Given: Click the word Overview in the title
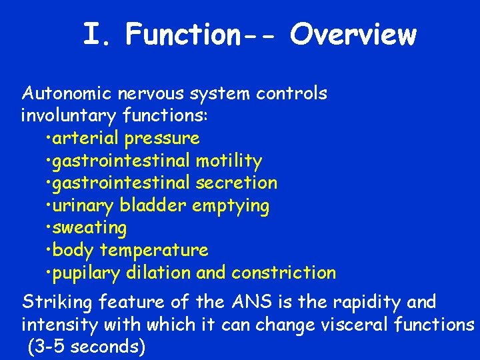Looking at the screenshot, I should pos(353,35).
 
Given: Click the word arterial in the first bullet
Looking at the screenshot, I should pos(87,139).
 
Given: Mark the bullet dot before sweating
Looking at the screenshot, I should pos(49,229).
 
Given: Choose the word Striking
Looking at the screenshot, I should pos(58,303).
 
